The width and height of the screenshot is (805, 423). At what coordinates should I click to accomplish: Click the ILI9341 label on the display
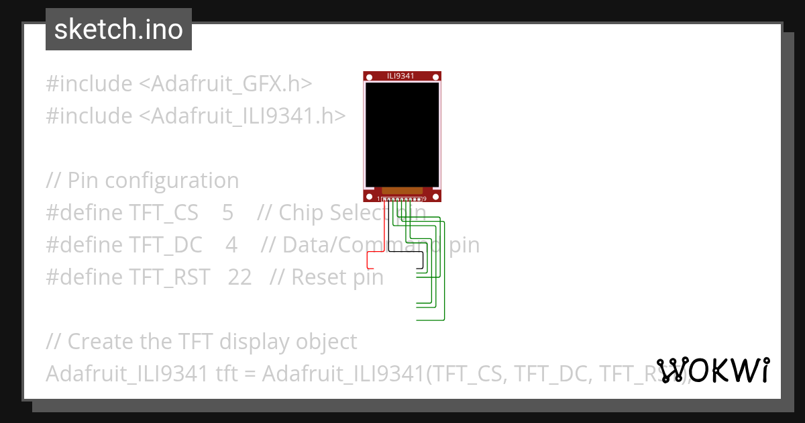pos(400,76)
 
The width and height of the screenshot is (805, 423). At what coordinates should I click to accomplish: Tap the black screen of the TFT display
pos(402,134)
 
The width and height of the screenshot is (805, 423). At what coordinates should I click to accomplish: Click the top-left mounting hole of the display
pos(368,77)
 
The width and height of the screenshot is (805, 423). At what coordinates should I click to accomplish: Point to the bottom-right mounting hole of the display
pos(435,196)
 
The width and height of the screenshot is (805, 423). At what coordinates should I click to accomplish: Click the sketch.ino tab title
pos(118,30)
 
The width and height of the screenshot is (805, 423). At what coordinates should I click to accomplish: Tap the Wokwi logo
pos(712,370)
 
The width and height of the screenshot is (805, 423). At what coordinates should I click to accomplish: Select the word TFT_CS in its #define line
pos(164,213)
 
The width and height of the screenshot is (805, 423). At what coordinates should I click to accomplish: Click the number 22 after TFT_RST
pos(239,277)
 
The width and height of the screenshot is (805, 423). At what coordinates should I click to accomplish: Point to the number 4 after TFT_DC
pos(231,245)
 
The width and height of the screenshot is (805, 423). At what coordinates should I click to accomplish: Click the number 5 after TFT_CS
pos(227,213)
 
